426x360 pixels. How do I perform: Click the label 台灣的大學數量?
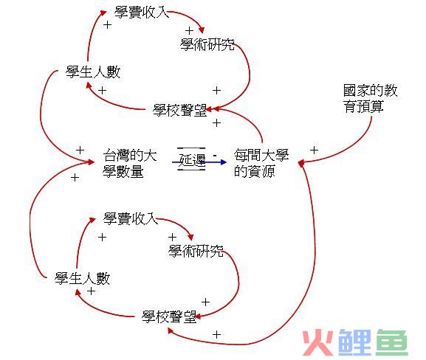130,163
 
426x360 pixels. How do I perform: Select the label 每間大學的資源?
261,163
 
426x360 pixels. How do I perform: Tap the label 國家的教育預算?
370,98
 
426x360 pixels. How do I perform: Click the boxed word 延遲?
191,159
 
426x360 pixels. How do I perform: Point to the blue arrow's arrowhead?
224,162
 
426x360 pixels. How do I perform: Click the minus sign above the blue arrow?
215,156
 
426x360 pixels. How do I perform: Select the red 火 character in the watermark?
317,342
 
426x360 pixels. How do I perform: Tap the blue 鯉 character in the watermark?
354,342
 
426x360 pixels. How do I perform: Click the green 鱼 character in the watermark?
391,342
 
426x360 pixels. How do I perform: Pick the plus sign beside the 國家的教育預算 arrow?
314,150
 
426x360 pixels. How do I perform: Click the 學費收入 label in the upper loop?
141,13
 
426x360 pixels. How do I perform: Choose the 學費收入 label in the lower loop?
131,218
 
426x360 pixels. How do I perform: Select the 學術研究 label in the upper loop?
207,44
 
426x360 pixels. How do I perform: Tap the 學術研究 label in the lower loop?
196,251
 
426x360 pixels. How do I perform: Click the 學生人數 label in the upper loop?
93,72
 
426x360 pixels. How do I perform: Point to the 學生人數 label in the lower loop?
82,279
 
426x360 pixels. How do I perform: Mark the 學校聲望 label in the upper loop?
179,111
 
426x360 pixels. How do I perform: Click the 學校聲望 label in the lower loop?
169,316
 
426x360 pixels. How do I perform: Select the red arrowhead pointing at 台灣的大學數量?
91,162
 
